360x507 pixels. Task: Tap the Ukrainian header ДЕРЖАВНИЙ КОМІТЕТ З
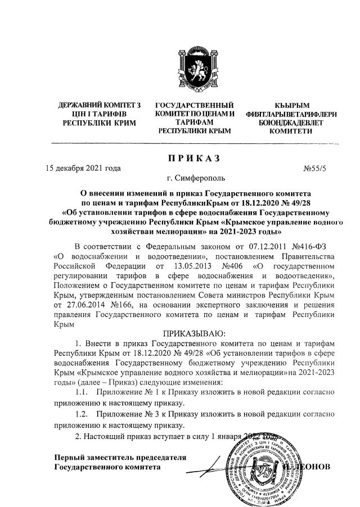(100, 106)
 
